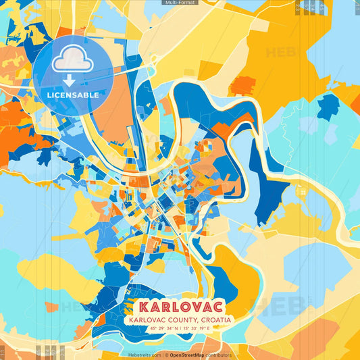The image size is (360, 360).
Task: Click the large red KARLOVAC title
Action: pyautogui.click(x=179, y=306)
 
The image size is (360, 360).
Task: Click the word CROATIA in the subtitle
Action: pyautogui.click(x=212, y=319)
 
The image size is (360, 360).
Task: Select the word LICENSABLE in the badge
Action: pyautogui.click(x=73, y=95)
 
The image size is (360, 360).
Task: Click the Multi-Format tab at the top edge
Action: pyautogui.click(x=180, y=3)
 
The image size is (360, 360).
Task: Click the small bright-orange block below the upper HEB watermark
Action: pyautogui.click(x=242, y=85)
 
